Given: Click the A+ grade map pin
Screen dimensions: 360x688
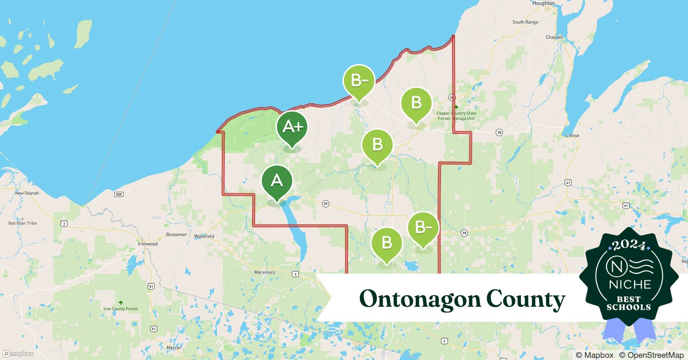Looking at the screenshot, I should [292, 127].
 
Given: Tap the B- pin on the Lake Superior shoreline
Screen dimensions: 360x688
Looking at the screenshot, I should [359, 81].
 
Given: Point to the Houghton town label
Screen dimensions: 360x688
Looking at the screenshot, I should [543, 3].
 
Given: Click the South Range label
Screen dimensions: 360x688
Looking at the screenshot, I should [525, 22].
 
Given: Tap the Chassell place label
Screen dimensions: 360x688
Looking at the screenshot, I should [554, 37].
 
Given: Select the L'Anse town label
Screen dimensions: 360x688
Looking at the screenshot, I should [572, 135].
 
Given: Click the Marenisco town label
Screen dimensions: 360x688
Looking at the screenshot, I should [264, 272].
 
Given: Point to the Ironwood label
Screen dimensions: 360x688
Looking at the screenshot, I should [148, 244].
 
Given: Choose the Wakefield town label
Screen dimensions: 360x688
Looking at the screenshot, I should [204, 236].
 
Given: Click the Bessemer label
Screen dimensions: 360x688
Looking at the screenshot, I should [176, 234].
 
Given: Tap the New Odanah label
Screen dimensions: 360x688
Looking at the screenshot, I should [27, 193].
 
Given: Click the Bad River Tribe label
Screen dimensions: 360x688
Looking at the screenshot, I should [22, 223].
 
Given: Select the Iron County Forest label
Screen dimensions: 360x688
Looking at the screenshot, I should [120, 309].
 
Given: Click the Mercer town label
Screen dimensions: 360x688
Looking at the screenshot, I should [174, 347].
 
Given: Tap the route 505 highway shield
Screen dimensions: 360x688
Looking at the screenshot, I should [119, 194].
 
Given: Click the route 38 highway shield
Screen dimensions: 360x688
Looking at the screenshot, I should [499, 132].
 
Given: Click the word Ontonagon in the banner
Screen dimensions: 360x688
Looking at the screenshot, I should [420, 299].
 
